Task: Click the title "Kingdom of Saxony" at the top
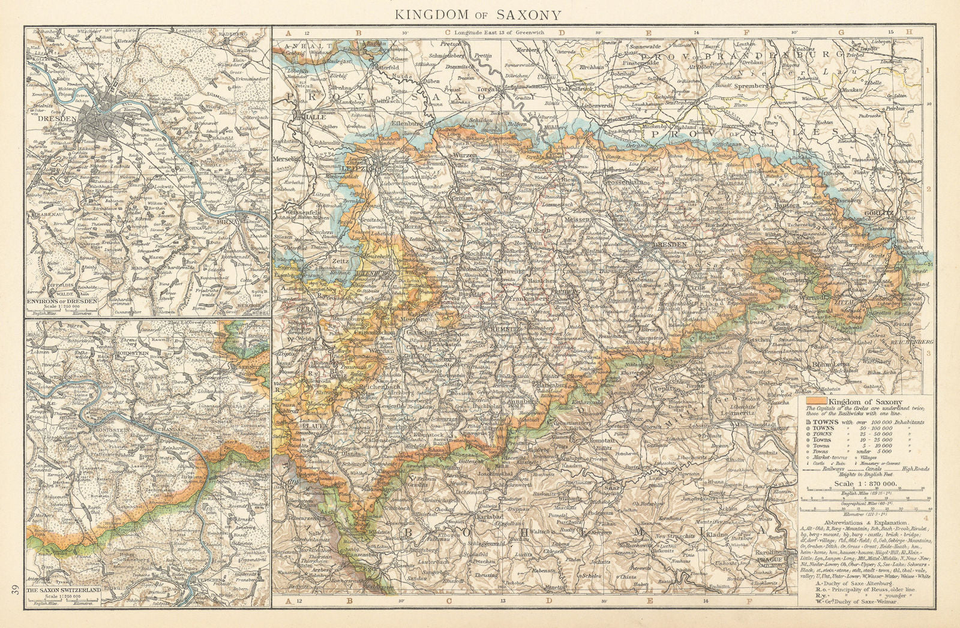pyautogui.click(x=478, y=14)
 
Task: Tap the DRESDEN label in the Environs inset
pyautogui.click(x=57, y=119)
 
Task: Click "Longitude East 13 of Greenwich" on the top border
pyautogui.click(x=498, y=32)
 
